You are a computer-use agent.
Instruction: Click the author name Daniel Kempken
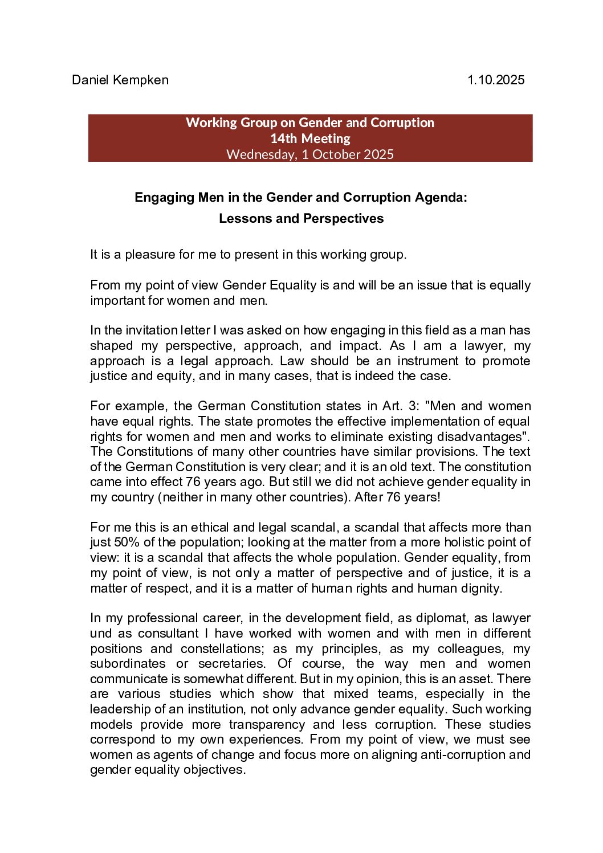click(120, 80)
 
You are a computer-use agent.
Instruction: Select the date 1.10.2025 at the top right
click(495, 80)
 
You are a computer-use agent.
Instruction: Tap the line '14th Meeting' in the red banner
click(310, 138)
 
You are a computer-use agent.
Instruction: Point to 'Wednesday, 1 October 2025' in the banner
click(310, 154)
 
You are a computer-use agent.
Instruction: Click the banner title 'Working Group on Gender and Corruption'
click(310, 123)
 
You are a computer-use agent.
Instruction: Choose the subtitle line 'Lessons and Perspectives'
click(301, 219)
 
